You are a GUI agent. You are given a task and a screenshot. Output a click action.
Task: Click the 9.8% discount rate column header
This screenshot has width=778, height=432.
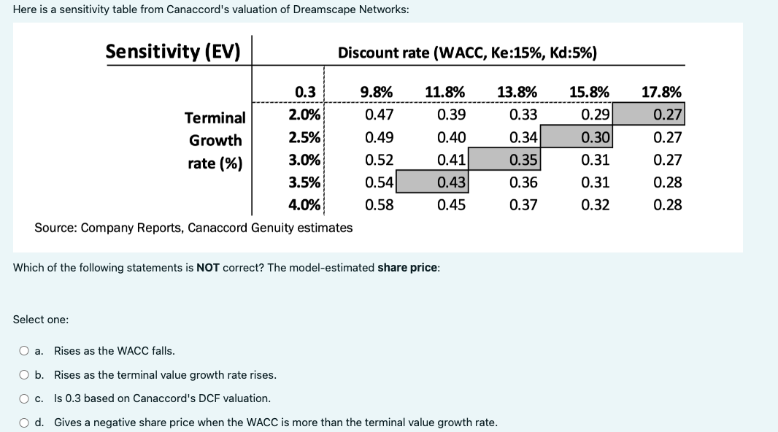[376, 92]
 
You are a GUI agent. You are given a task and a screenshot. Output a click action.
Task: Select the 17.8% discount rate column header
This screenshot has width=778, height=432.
[661, 92]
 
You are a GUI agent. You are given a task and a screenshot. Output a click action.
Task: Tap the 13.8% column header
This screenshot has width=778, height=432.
[517, 92]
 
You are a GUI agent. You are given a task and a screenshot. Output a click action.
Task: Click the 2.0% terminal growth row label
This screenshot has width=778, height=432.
[304, 115]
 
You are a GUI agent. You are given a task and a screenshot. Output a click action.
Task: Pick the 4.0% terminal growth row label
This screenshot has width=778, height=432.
[304, 205]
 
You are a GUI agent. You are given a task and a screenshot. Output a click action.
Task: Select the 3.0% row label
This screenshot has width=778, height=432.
[304, 160]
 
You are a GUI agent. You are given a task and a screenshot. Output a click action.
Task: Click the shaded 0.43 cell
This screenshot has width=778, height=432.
[432, 182]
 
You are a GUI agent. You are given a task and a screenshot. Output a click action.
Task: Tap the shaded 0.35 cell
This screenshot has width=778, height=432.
[504, 159]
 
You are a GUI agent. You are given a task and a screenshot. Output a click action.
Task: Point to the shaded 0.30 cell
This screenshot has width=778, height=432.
[577, 136]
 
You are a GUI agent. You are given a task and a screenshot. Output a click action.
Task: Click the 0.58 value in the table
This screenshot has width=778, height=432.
[379, 205]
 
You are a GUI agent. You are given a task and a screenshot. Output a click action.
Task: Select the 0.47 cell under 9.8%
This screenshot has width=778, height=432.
[379, 115]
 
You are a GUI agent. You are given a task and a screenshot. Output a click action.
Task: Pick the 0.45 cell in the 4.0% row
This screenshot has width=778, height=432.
[451, 205]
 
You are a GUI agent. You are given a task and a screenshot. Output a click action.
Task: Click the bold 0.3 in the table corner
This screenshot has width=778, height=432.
[305, 92]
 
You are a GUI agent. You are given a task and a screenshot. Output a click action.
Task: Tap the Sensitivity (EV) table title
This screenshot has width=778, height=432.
[173, 52]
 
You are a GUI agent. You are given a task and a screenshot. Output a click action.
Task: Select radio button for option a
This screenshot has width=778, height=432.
[24, 351]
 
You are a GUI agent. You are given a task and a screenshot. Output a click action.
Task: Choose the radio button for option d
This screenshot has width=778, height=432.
[24, 423]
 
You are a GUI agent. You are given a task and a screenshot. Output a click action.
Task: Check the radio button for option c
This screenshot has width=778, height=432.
[24, 398]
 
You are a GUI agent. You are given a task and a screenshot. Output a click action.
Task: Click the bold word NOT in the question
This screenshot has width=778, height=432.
[208, 268]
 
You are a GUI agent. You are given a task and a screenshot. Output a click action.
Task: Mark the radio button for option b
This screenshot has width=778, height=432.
[24, 375]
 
